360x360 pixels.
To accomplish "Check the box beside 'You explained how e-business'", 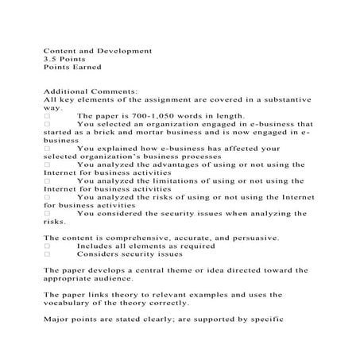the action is pos(47,149).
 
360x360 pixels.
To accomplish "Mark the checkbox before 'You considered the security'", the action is pos(47,213).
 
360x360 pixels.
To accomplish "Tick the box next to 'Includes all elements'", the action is pos(47,246).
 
